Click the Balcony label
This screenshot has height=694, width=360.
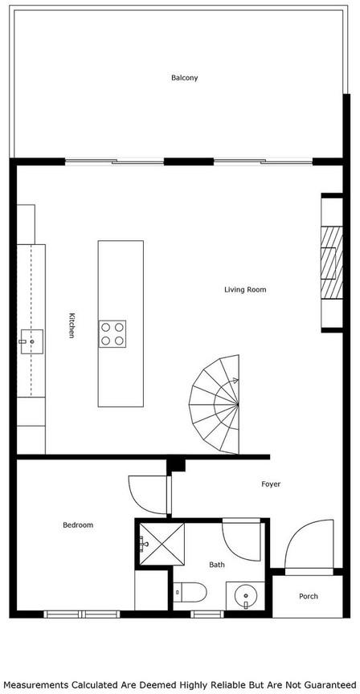pyautogui.click(x=185, y=78)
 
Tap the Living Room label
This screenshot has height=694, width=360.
pyautogui.click(x=245, y=290)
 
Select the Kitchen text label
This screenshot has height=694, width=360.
pyautogui.click(x=72, y=326)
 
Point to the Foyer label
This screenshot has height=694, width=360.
pyautogui.click(x=271, y=484)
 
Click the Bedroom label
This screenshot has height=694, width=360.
pyautogui.click(x=78, y=525)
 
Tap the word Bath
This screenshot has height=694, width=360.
pyautogui.click(x=217, y=565)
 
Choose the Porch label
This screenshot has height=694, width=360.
pyautogui.click(x=309, y=596)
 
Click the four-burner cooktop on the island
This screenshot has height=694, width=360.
pyautogui.click(x=112, y=334)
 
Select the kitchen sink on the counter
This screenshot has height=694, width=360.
pyautogui.click(x=31, y=341)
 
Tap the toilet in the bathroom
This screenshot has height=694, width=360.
pyautogui.click(x=190, y=592)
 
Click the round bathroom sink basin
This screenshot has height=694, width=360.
pyautogui.click(x=245, y=596)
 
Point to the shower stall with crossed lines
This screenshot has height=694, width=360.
pyautogui.click(x=162, y=544)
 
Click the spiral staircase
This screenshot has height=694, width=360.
pyautogui.click(x=215, y=404)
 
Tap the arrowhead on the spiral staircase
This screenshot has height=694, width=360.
pyautogui.click(x=235, y=380)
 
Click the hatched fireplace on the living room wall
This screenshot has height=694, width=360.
pyautogui.click(x=332, y=263)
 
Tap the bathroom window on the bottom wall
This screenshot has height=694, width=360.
pyautogui.click(x=207, y=614)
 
